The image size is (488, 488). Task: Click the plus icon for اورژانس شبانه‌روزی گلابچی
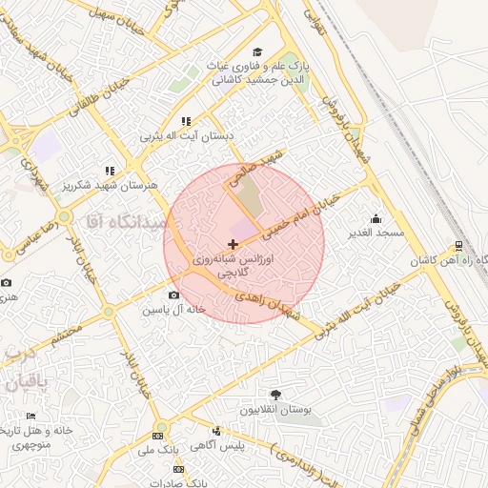[x=234, y=245]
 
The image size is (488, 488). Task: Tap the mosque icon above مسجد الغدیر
[x=376, y=218]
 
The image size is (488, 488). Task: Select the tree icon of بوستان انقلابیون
[x=276, y=394]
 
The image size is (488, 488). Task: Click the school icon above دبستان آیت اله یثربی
[x=186, y=121]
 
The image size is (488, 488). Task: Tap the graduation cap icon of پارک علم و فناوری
[x=256, y=52]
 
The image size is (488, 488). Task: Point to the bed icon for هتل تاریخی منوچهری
[x=30, y=417]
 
